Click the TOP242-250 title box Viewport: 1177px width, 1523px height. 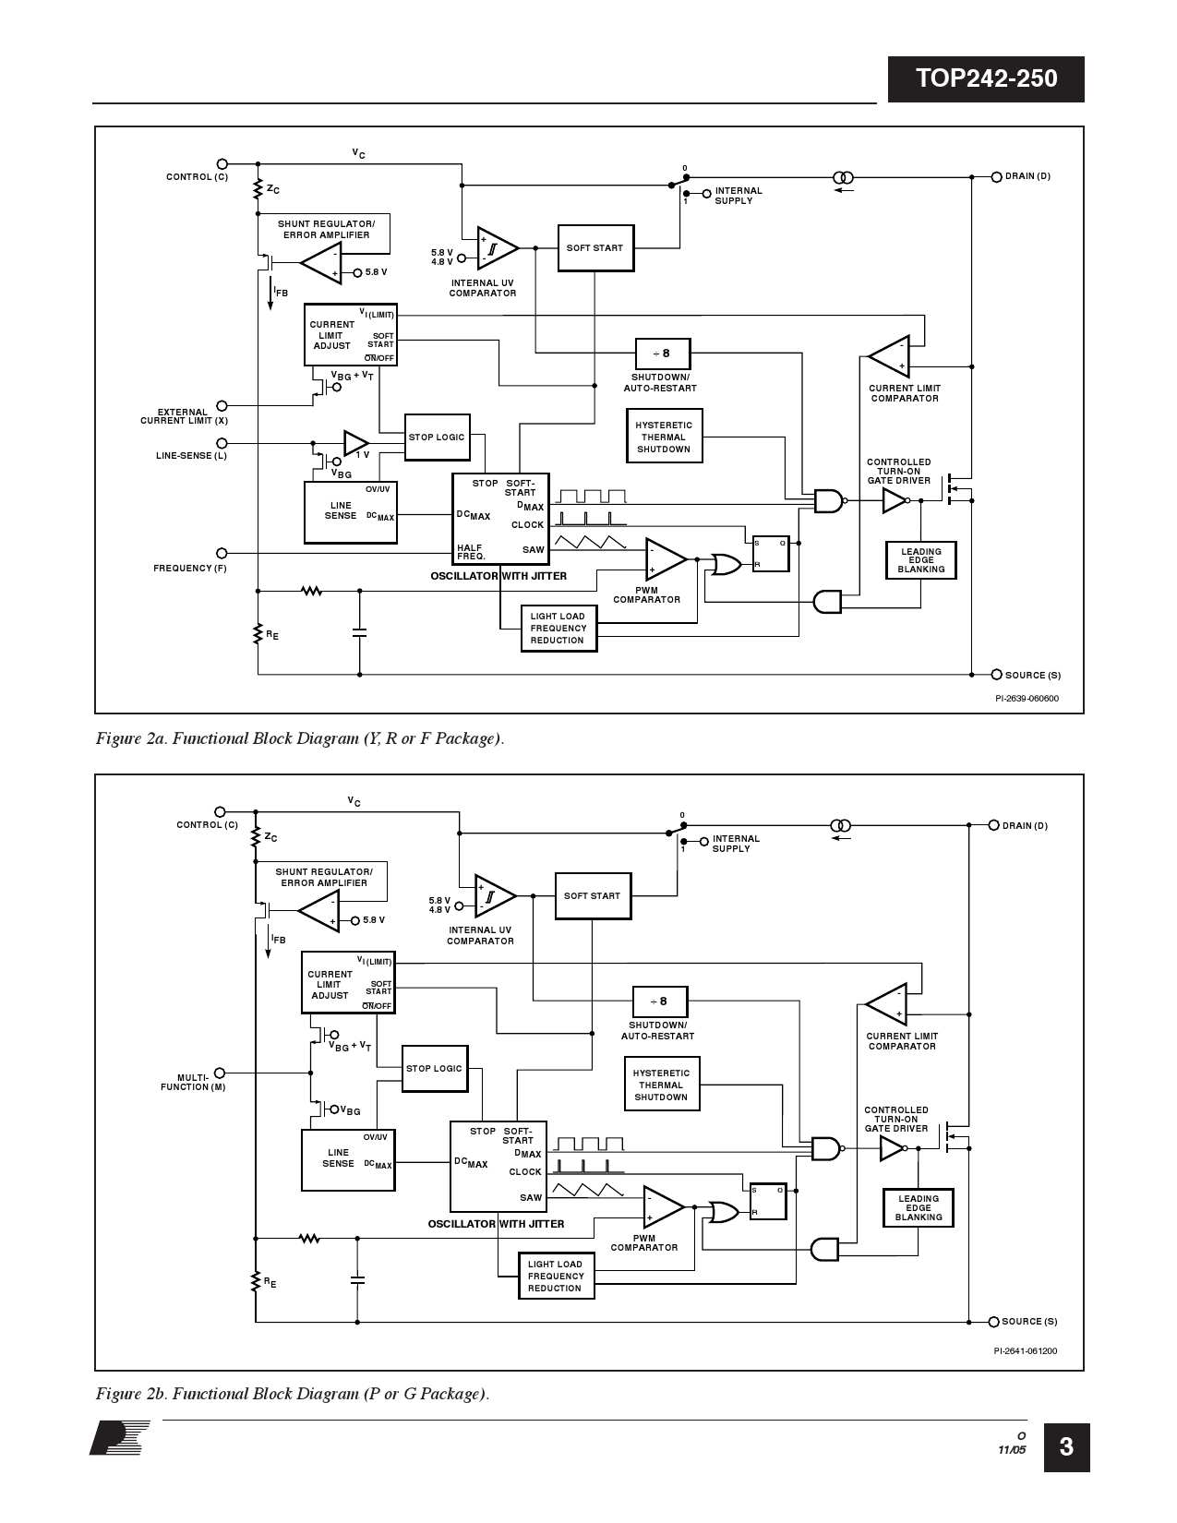pos(986,79)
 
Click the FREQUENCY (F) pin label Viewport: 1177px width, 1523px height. pos(190,569)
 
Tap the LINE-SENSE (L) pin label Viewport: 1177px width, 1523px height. pos(191,456)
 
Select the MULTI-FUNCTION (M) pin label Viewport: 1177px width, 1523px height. pos(194,1082)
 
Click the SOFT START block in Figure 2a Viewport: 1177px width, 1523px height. pos(595,248)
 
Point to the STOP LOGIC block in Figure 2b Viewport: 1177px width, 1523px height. pos(434,1069)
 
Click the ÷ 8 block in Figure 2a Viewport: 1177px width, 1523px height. pos(662,354)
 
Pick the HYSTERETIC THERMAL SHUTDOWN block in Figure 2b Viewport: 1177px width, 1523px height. pos(661,1085)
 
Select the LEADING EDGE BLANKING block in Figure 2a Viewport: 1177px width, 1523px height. pos(920,560)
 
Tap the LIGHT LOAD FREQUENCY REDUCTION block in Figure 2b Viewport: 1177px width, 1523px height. pos(556,1277)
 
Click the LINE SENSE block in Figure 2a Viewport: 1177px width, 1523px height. pos(350,512)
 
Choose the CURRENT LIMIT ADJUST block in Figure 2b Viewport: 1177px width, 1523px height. pos(348,985)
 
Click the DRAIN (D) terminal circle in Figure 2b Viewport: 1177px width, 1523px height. pos(994,825)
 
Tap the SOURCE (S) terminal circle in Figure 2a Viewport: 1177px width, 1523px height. pos(997,675)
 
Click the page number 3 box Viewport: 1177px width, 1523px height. pos(1066,1446)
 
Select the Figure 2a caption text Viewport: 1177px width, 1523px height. pos(300,738)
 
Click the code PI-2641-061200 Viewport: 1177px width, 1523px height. pos(1025,1351)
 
